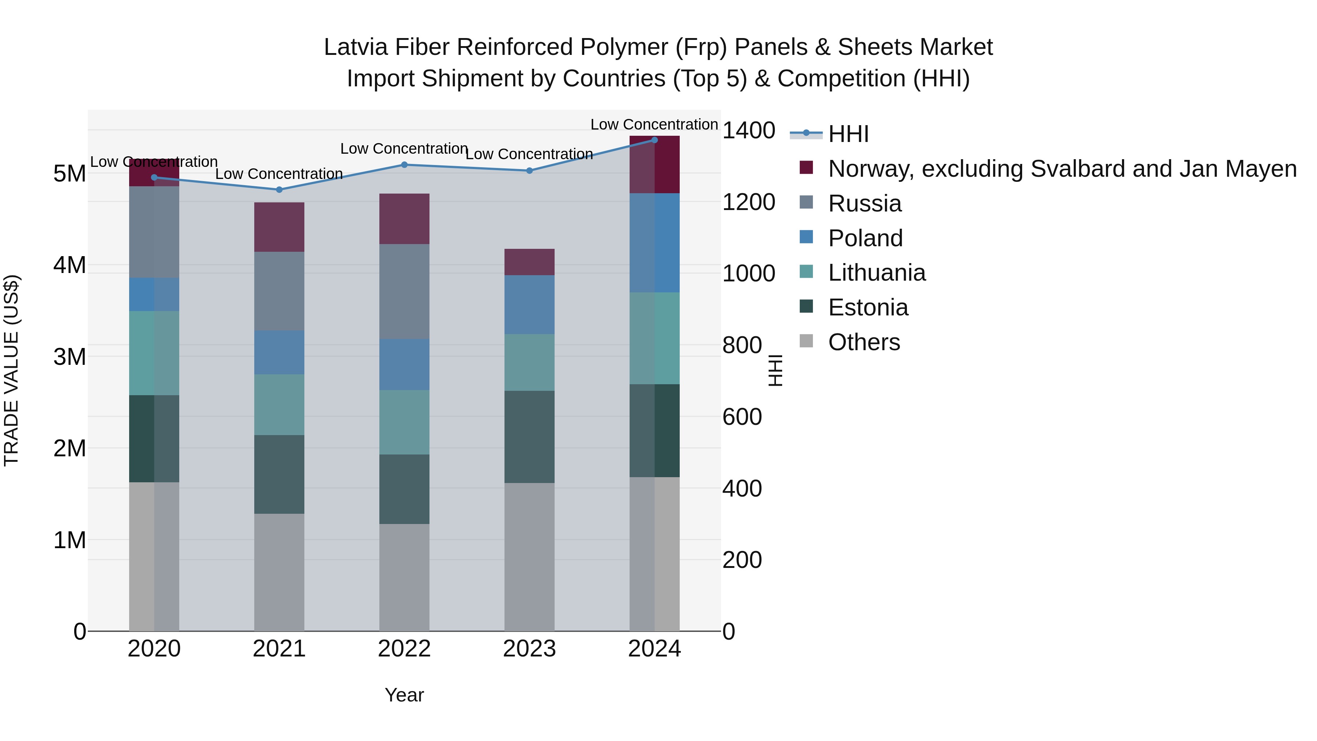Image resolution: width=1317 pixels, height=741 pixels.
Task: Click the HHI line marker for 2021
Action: point(279,190)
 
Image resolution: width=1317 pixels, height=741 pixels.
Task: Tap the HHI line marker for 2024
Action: point(654,140)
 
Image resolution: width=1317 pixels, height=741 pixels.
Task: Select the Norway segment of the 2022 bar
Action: point(404,219)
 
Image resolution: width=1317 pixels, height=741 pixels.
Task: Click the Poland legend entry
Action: point(865,238)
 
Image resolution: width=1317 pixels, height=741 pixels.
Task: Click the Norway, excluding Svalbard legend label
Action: point(1062,169)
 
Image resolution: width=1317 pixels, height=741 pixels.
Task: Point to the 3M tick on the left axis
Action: point(70,357)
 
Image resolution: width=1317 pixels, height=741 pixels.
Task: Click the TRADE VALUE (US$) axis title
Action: point(11,370)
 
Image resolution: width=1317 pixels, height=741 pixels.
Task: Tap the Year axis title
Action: point(404,695)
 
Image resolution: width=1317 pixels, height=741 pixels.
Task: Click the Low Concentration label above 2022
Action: point(404,149)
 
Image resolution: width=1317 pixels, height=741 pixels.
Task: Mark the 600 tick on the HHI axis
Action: point(742,417)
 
